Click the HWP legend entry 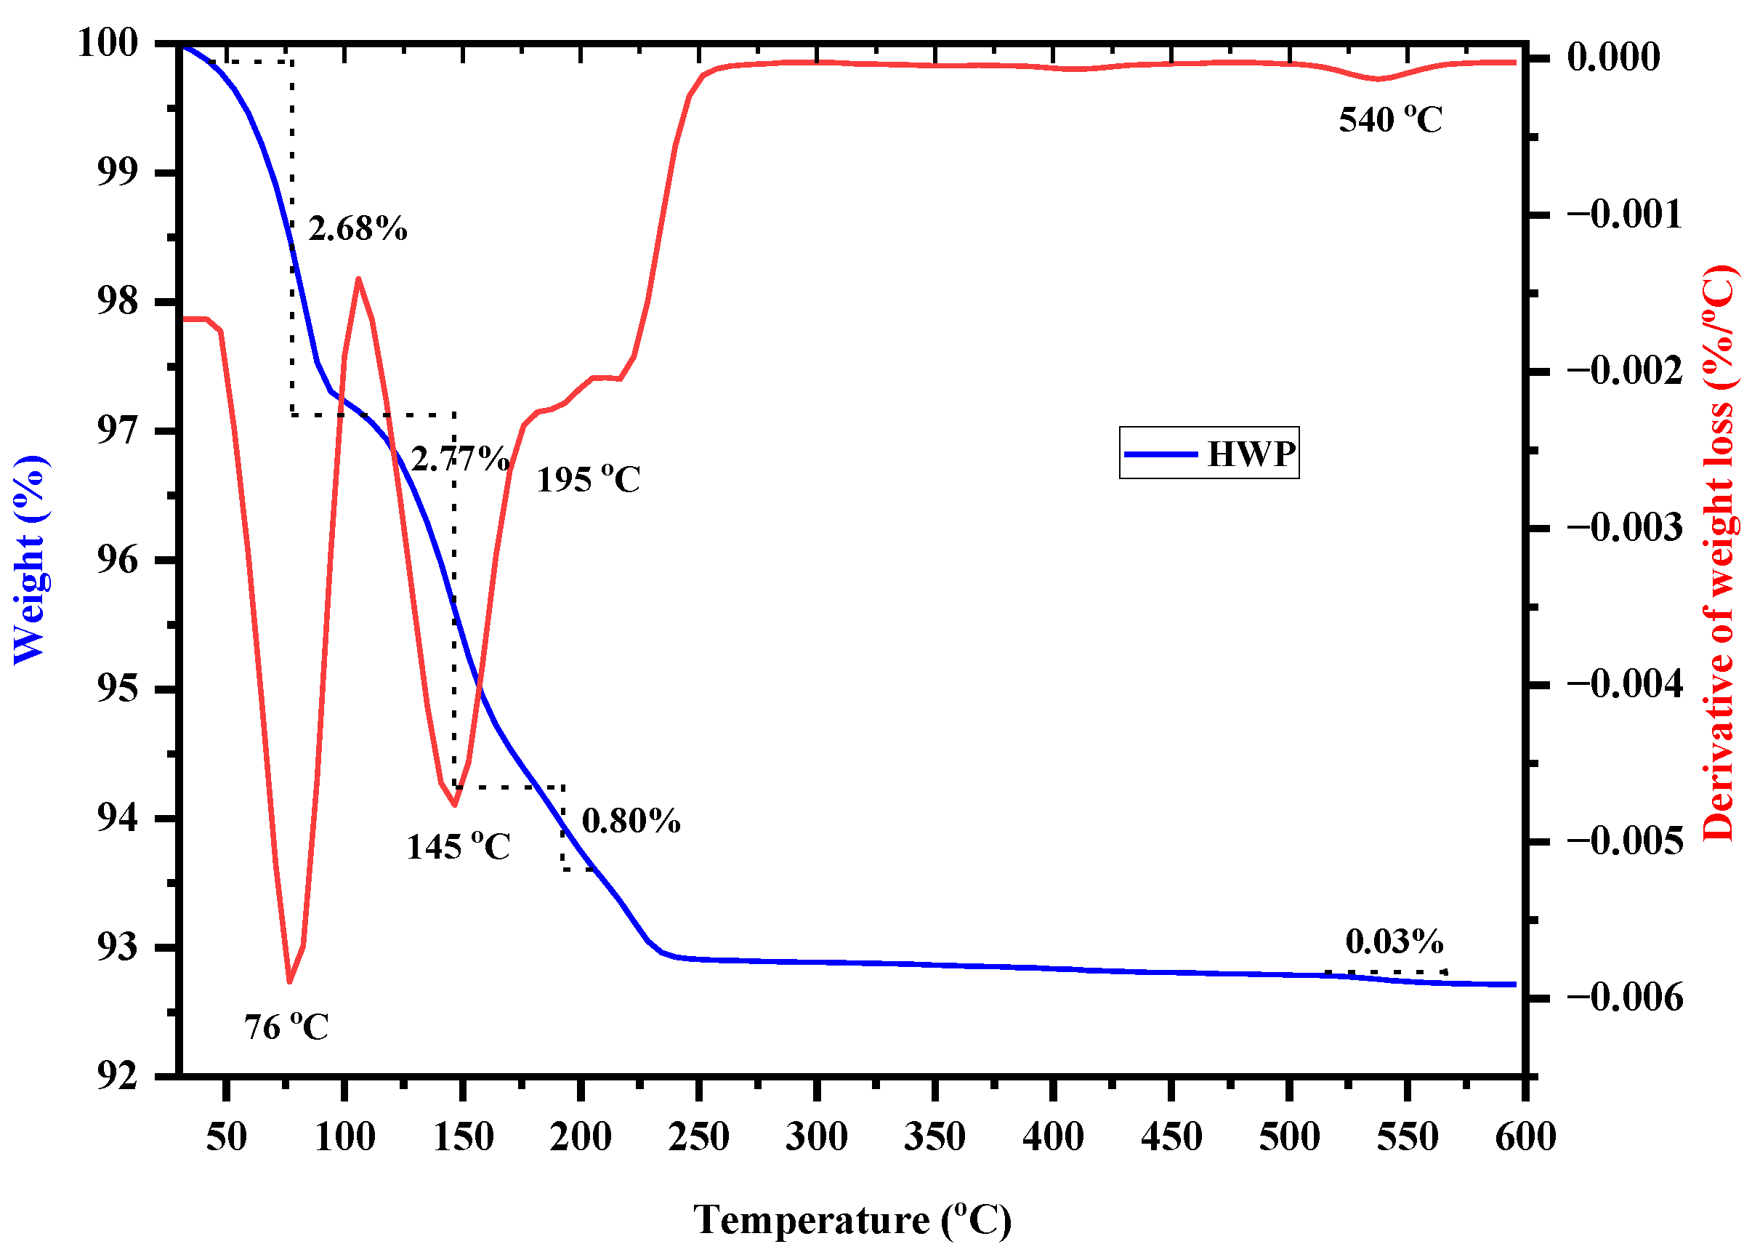pyautogui.click(x=1208, y=453)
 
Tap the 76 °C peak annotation pyautogui.click(x=286, y=1027)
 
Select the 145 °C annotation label pyautogui.click(x=458, y=847)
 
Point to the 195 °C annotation pyautogui.click(x=588, y=480)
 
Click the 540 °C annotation pyautogui.click(x=1389, y=120)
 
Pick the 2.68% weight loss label pyautogui.click(x=358, y=229)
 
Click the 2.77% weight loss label pyautogui.click(x=460, y=459)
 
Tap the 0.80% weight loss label pyautogui.click(x=630, y=821)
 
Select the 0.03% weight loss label pyautogui.click(x=1394, y=942)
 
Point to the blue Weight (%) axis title pyautogui.click(x=29, y=560)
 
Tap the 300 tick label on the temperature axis pyautogui.click(x=816, y=1137)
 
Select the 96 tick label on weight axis pyautogui.click(x=117, y=560)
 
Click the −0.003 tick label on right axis pyautogui.click(x=1624, y=527)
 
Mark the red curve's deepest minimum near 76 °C pyautogui.click(x=289, y=982)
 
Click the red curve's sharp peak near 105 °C pyautogui.click(x=358, y=278)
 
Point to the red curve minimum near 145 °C pyautogui.click(x=455, y=805)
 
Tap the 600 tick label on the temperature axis pyautogui.click(x=1525, y=1137)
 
